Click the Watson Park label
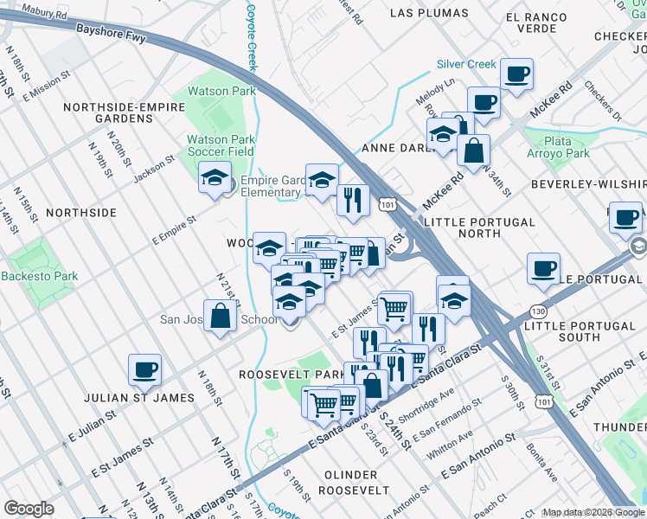coord(221,91)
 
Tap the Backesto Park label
coord(39,277)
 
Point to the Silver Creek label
coord(466,64)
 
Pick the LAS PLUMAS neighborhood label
coord(429,13)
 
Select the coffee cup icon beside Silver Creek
coord(517,74)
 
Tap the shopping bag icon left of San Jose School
coord(221,316)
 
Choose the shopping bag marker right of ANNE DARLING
coord(473,151)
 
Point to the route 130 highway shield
coord(539,311)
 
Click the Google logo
coord(29,509)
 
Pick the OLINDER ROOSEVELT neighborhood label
coord(349,482)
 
